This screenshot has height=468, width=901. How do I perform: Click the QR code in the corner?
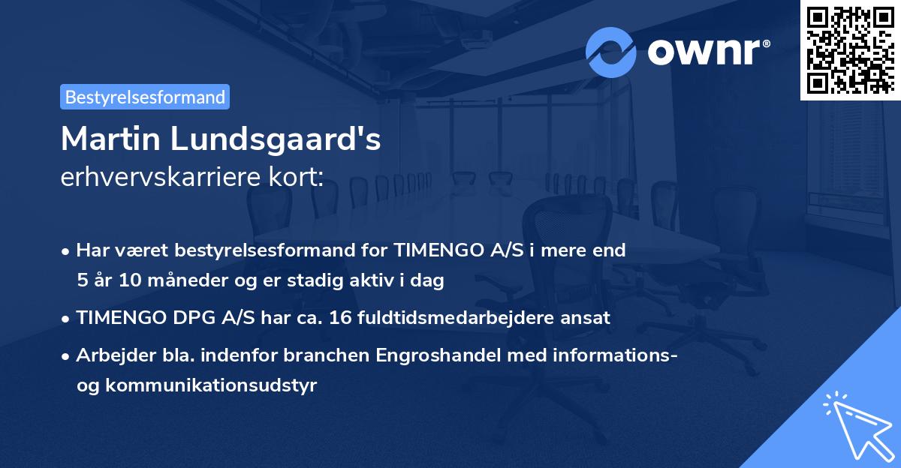click(850, 50)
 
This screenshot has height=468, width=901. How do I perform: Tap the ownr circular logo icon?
click(611, 52)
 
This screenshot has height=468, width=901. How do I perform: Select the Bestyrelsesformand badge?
click(145, 97)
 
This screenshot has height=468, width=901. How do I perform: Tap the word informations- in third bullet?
click(618, 355)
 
